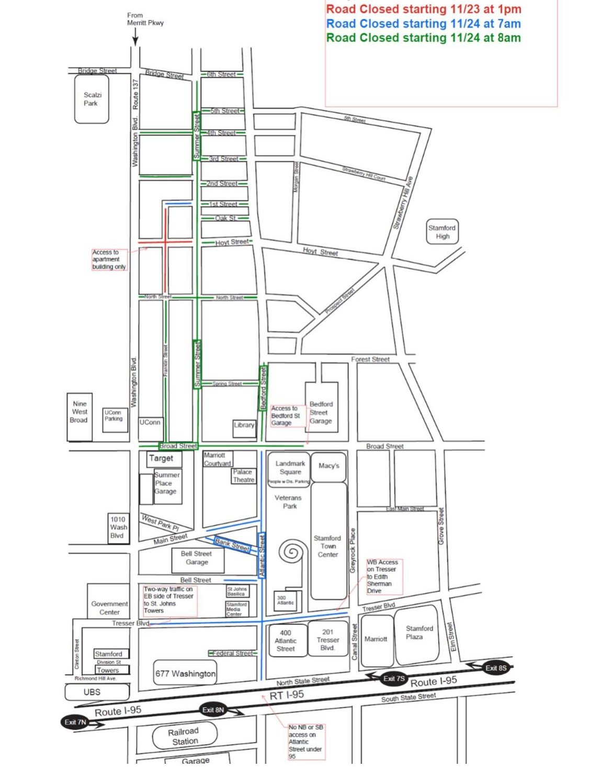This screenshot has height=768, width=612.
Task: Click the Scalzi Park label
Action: click(x=92, y=99)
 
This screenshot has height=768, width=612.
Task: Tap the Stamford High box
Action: click(x=443, y=232)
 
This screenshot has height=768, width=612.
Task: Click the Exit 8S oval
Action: click(x=495, y=668)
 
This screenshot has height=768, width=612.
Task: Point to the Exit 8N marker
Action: click(x=213, y=710)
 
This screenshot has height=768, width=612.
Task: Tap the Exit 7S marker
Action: click(x=393, y=678)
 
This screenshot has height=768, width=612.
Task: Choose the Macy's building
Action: click(x=328, y=466)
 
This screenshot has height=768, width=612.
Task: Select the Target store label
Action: click(x=161, y=459)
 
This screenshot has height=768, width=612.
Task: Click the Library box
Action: click(x=244, y=425)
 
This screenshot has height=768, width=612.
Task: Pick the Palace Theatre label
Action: click(x=243, y=476)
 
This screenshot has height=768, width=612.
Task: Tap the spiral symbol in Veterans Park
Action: click(x=291, y=552)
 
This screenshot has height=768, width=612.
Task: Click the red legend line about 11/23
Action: click(x=424, y=9)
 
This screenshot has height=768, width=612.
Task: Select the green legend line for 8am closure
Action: click(x=424, y=38)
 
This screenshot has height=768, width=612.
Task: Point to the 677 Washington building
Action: click(x=185, y=674)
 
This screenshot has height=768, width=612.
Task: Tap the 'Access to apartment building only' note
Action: click(x=109, y=260)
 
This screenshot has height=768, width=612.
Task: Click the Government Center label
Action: click(x=109, y=608)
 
